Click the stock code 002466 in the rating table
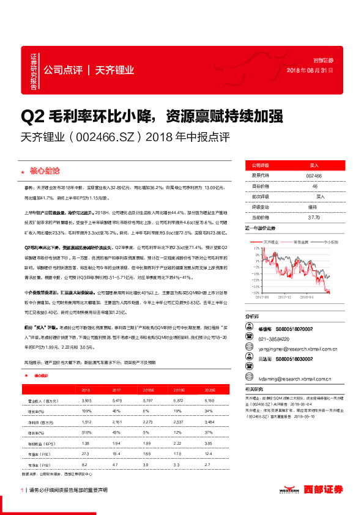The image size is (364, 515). tap(314, 175)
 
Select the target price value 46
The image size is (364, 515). tap(314, 185)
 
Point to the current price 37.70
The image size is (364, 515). tap(314, 217)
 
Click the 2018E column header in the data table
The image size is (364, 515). tap(147, 389)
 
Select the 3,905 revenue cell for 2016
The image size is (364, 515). tap(86, 399)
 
